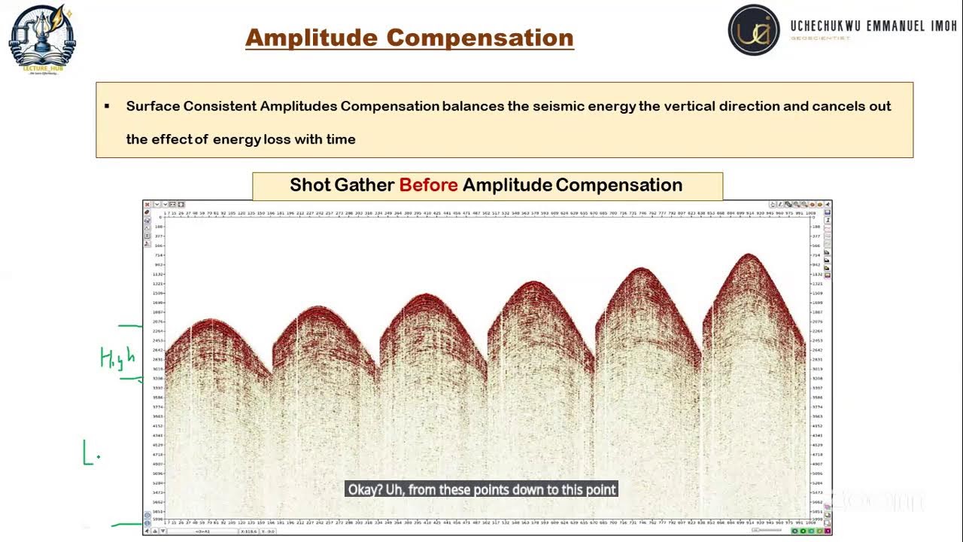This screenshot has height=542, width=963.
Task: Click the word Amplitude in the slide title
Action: click(311, 38)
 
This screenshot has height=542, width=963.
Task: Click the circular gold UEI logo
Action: click(754, 30)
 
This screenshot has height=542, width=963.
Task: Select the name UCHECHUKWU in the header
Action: click(825, 26)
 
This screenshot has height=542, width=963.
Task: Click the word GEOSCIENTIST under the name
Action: click(820, 38)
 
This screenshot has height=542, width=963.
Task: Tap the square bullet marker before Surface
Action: click(107, 106)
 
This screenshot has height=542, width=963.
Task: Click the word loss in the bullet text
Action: click(277, 139)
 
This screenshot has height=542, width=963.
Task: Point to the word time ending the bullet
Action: click(339, 139)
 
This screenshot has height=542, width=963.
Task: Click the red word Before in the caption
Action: click(428, 185)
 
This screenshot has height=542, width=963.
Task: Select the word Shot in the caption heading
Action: click(309, 185)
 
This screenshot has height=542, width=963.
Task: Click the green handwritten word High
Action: click(117, 357)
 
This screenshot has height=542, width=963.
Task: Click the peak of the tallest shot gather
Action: click(749, 255)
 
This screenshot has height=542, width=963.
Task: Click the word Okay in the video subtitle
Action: click(365, 489)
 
